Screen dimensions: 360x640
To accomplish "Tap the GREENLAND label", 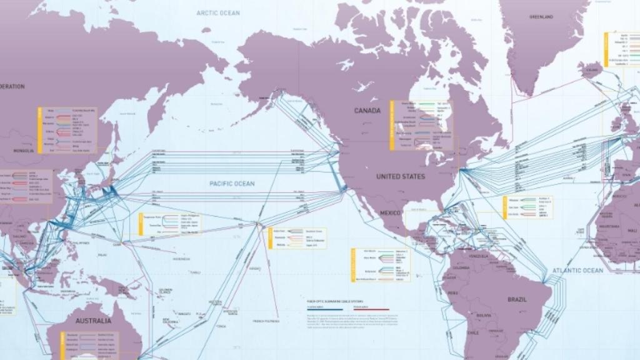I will pyautogui.click(x=541, y=17).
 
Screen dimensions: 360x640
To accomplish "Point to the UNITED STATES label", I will pyautogui.click(x=401, y=177).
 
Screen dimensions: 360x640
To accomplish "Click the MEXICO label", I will pyautogui.click(x=390, y=213).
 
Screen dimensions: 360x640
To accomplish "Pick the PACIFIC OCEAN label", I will pyautogui.click(x=232, y=184).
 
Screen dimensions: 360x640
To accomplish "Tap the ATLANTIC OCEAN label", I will pyautogui.click(x=577, y=271).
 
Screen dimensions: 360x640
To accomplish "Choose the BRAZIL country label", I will pyautogui.click(x=516, y=299).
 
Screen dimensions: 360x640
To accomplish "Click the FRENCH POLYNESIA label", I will pyautogui.click(x=266, y=321).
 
